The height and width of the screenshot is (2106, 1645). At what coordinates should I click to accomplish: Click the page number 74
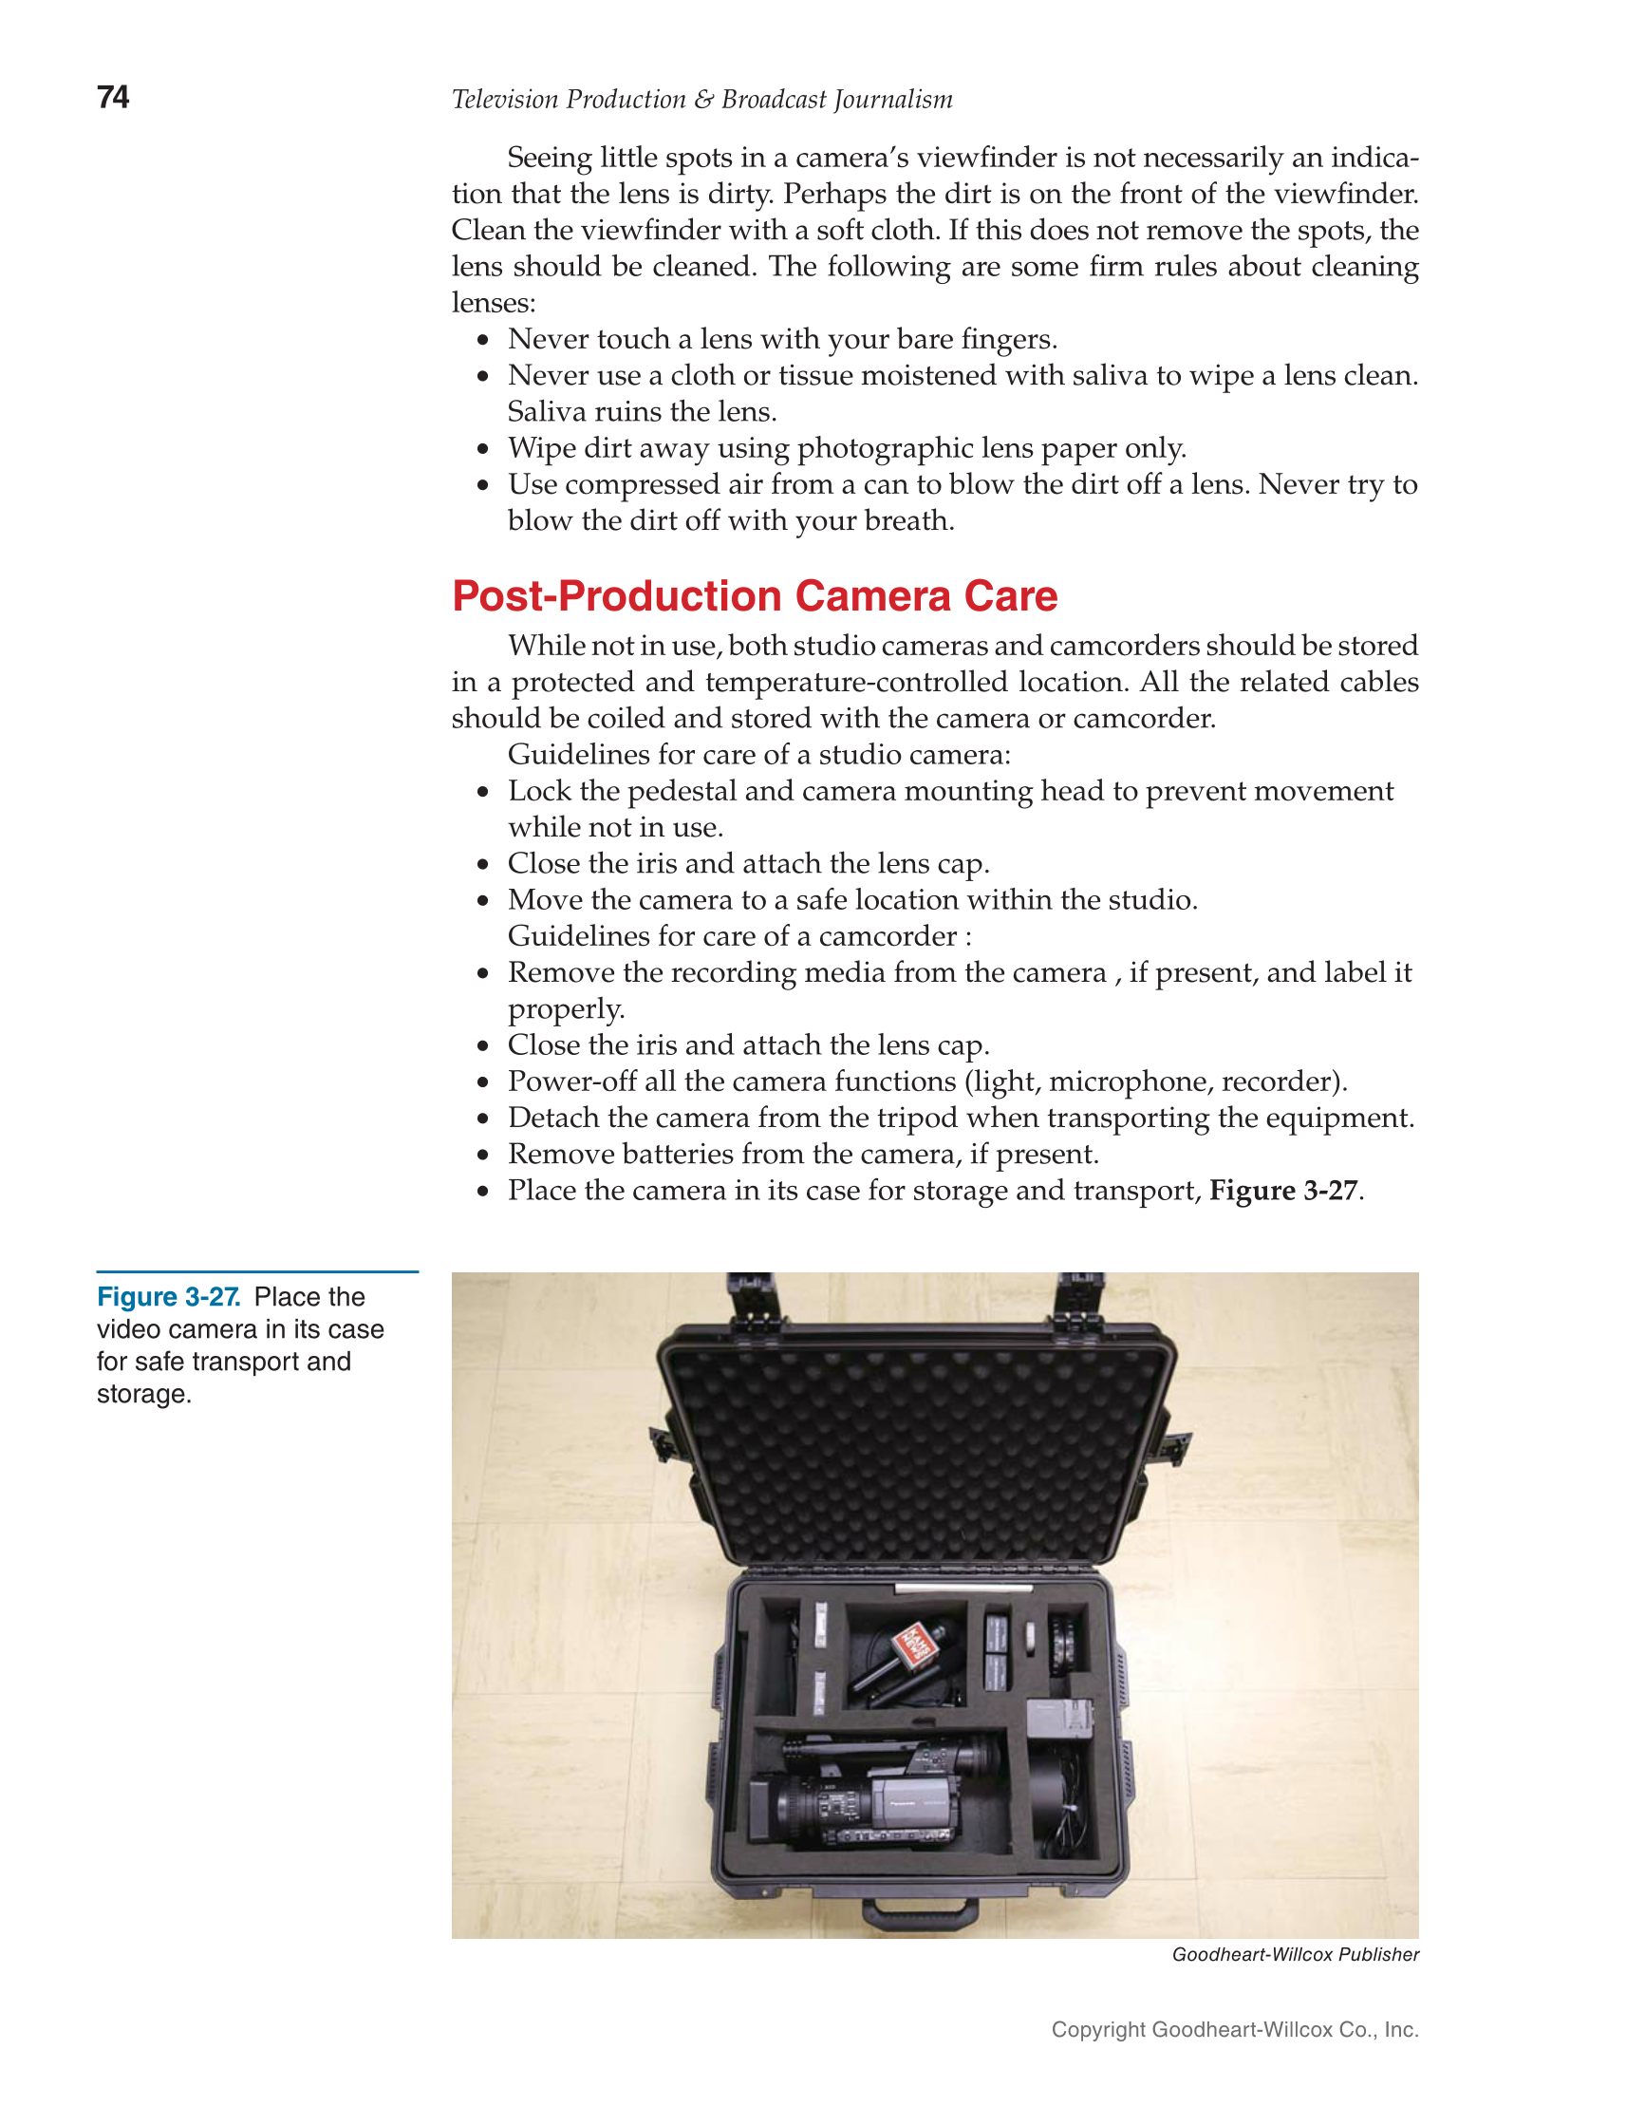point(113,98)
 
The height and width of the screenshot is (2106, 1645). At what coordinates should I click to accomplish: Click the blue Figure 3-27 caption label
point(169,1297)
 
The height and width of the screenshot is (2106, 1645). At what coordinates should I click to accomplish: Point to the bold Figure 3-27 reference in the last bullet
point(1283,1190)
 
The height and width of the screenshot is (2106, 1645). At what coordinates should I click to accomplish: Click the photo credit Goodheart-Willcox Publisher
point(1295,1955)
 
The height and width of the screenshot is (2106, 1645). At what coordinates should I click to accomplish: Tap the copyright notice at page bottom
point(1234,2030)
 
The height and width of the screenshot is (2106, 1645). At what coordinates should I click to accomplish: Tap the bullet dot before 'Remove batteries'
point(483,1156)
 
